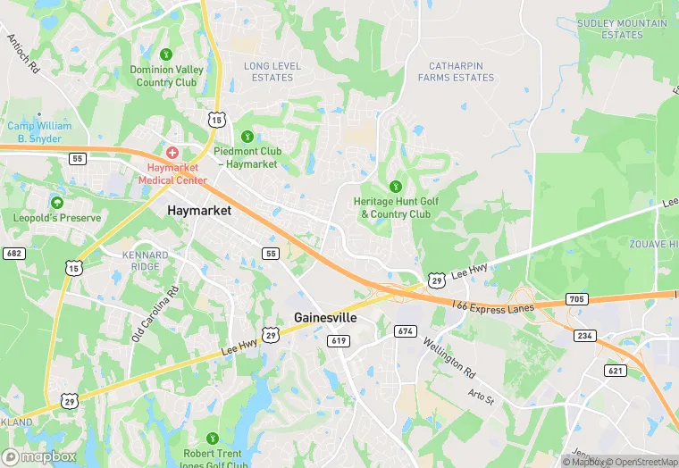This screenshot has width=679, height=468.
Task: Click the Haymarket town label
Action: coord(199,211)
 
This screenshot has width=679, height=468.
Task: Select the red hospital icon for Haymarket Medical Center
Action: coord(172,153)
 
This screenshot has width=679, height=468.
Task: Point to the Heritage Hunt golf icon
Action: coord(395,187)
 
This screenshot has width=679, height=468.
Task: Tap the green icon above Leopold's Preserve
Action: coord(57,203)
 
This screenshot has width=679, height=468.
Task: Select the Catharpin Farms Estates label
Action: coord(461,71)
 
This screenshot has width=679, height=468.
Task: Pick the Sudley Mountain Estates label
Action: coord(622,29)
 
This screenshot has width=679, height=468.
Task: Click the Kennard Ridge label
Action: coord(145,261)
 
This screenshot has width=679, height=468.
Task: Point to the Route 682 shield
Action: coord(13,254)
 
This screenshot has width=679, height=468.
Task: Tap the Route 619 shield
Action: coord(338,340)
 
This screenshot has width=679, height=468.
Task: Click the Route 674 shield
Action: coord(405,331)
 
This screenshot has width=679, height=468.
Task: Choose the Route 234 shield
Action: coord(585,335)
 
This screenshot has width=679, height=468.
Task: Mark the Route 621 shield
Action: coord(615,370)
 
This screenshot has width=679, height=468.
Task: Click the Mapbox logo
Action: coord(39,456)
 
